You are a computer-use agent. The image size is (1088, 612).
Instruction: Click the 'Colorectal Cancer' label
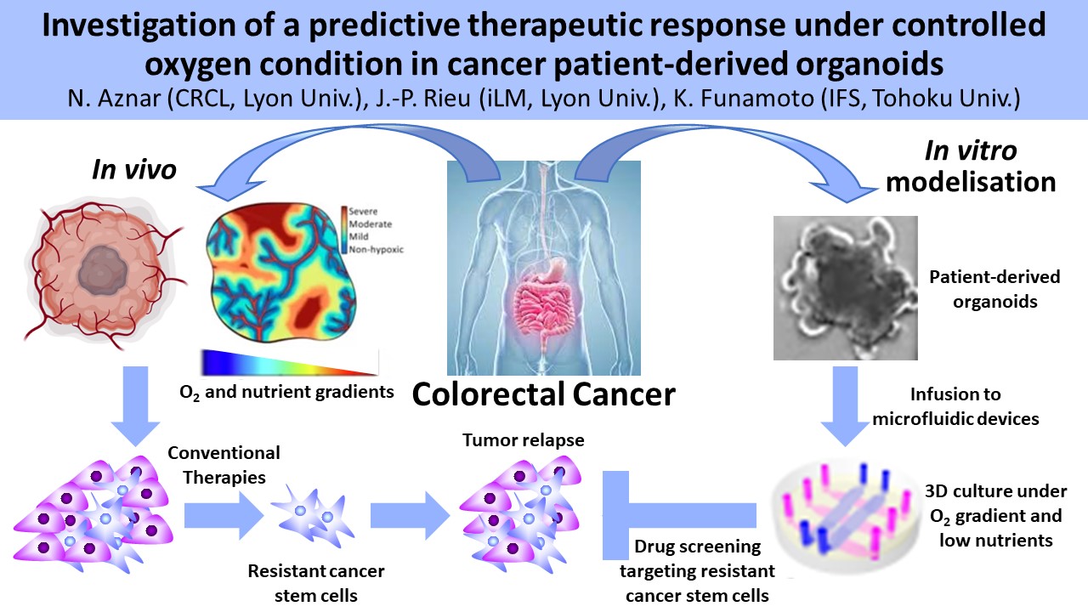[x=543, y=394]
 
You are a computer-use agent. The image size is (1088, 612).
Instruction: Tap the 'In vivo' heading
[x=134, y=170]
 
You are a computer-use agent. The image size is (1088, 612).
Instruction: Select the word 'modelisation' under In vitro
[x=971, y=182]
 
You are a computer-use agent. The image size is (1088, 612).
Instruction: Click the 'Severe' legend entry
[x=363, y=212]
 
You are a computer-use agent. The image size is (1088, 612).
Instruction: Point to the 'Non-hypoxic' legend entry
[x=376, y=250]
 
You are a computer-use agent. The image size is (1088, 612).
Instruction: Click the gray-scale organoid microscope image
[x=845, y=288]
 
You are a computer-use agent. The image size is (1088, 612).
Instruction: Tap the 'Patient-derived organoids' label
[x=994, y=289]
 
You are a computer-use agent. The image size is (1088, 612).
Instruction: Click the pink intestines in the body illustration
[x=544, y=306]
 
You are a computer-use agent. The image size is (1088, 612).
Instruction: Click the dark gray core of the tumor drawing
[x=103, y=270]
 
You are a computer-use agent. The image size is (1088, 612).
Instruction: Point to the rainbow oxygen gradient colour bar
[x=290, y=362]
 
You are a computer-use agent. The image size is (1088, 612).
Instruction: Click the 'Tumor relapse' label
[x=523, y=440]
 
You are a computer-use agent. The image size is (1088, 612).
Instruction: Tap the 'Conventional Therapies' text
[x=224, y=465]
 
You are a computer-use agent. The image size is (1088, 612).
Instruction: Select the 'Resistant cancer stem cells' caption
[x=316, y=583]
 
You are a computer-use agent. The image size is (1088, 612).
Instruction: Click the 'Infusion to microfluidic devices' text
[x=955, y=406]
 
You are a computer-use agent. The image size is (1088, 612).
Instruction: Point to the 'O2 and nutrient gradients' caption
[x=286, y=393]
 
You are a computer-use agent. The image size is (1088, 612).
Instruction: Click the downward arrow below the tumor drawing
[x=135, y=406]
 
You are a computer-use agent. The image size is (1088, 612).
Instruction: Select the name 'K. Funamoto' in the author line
[x=743, y=99]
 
